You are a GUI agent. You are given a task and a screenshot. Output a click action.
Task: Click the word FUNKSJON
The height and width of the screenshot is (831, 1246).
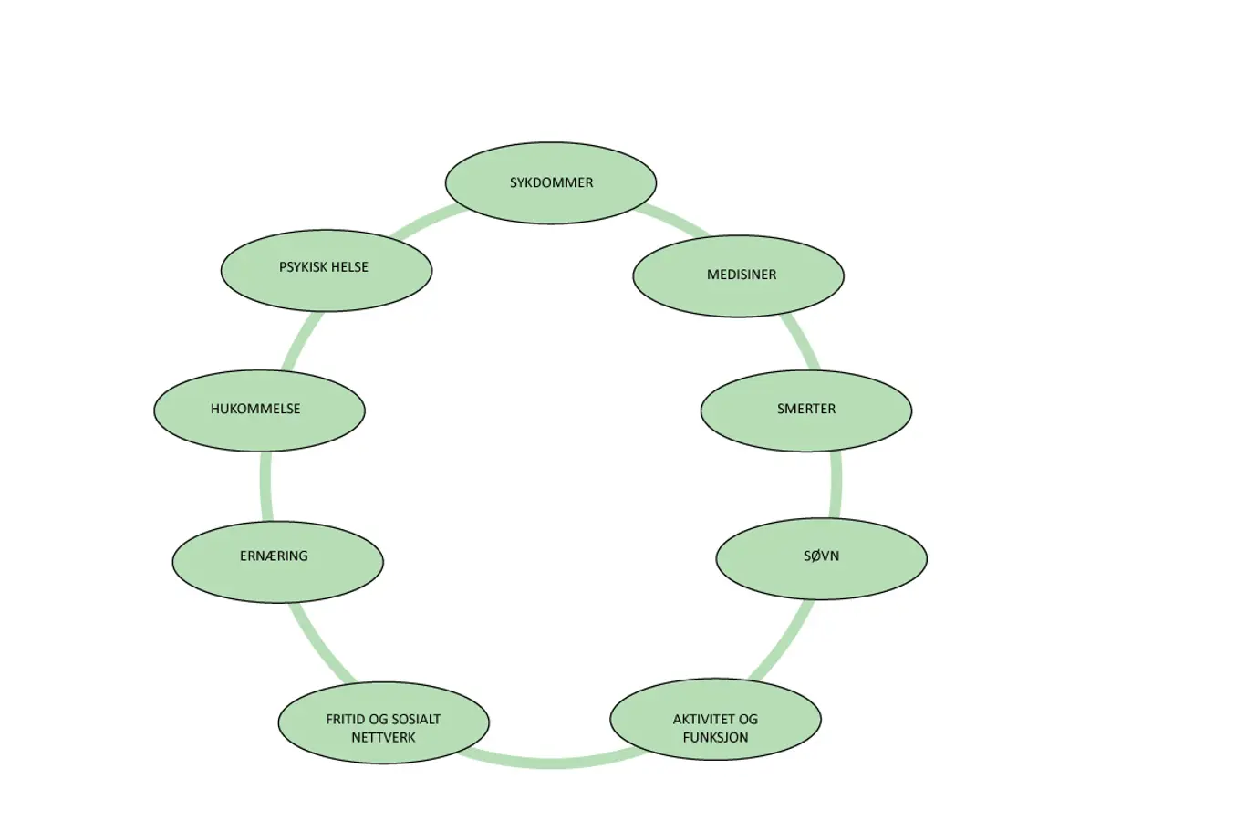715,737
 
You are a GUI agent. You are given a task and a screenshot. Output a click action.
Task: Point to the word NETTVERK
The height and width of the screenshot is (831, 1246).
383,737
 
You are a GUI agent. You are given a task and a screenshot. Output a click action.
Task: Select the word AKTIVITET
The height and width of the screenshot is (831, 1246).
697,719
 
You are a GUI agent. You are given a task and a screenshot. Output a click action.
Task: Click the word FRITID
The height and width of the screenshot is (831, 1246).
346,719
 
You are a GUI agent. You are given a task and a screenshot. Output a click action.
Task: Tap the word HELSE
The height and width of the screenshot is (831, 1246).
350,267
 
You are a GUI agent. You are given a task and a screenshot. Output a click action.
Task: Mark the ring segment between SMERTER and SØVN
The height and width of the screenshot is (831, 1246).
836,484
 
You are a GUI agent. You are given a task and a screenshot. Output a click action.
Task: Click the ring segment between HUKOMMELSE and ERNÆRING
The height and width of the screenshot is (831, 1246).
265,486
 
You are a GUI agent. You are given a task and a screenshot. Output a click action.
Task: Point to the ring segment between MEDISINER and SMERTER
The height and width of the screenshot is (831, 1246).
802,343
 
